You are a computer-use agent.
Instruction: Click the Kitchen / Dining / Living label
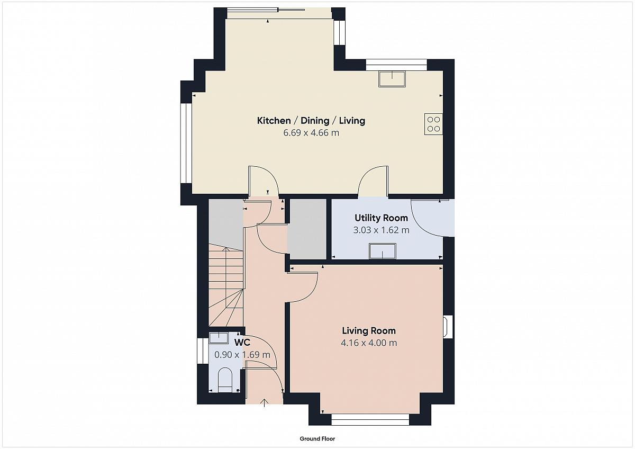[x=311, y=121]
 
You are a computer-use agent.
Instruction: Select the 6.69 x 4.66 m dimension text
[x=311, y=133]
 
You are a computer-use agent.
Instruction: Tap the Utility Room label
[x=382, y=218]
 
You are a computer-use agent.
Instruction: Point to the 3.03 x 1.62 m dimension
[x=382, y=230]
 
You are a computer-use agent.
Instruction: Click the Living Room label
[x=369, y=330]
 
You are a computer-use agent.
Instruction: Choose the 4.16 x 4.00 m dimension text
[x=369, y=343]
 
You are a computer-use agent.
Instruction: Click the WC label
[x=242, y=343]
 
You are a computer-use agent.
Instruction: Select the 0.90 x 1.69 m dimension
[x=242, y=355]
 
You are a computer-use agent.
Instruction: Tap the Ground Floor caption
[x=317, y=438]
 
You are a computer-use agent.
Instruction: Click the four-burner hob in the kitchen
[x=433, y=124]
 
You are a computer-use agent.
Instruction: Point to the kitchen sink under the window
[x=392, y=79]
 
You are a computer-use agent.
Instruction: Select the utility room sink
[x=383, y=251]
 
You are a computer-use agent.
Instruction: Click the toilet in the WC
[x=225, y=380]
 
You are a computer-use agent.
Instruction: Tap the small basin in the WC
[x=219, y=338]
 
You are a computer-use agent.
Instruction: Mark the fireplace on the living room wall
[x=448, y=327]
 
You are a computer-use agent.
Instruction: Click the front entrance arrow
[x=264, y=403]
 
